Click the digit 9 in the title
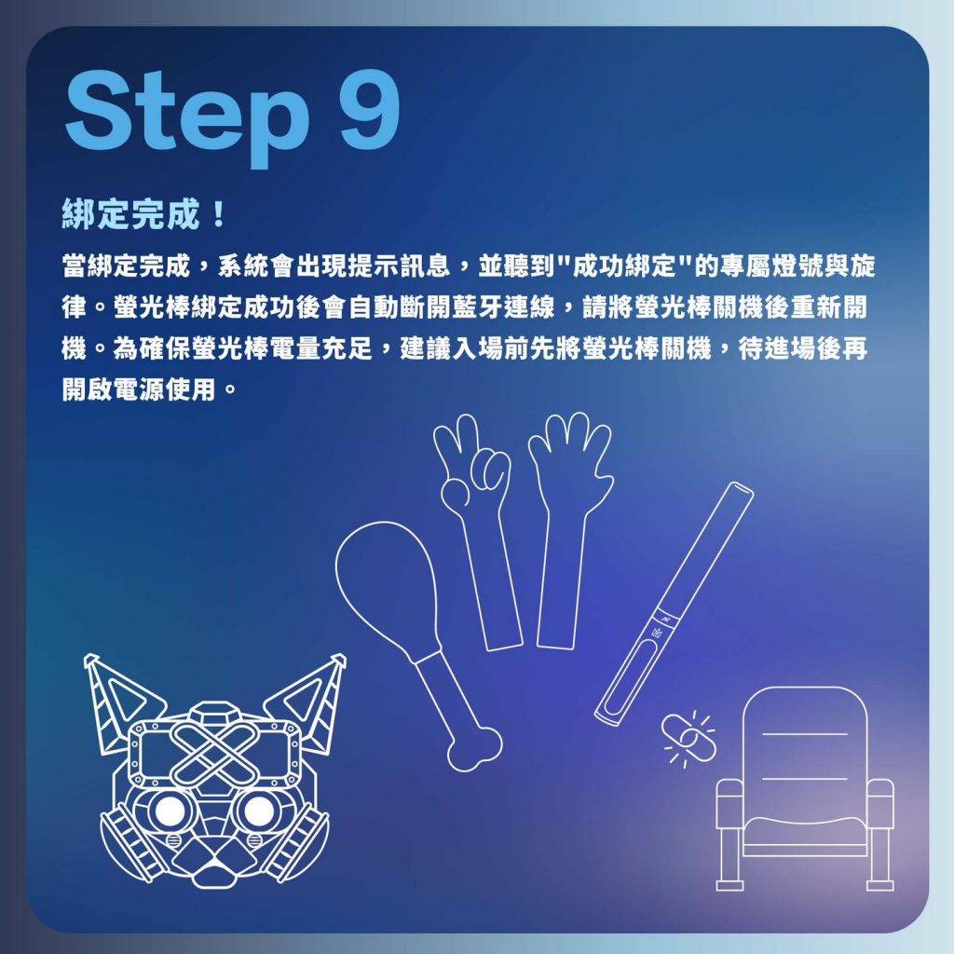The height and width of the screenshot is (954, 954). coord(369,110)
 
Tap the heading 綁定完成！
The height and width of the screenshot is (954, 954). coord(143,214)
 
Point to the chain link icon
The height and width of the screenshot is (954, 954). coord(688,738)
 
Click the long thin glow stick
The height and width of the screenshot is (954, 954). coord(675,603)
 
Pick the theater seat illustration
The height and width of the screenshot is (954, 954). coord(804,789)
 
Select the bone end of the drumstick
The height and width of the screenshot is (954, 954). coord(474,748)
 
